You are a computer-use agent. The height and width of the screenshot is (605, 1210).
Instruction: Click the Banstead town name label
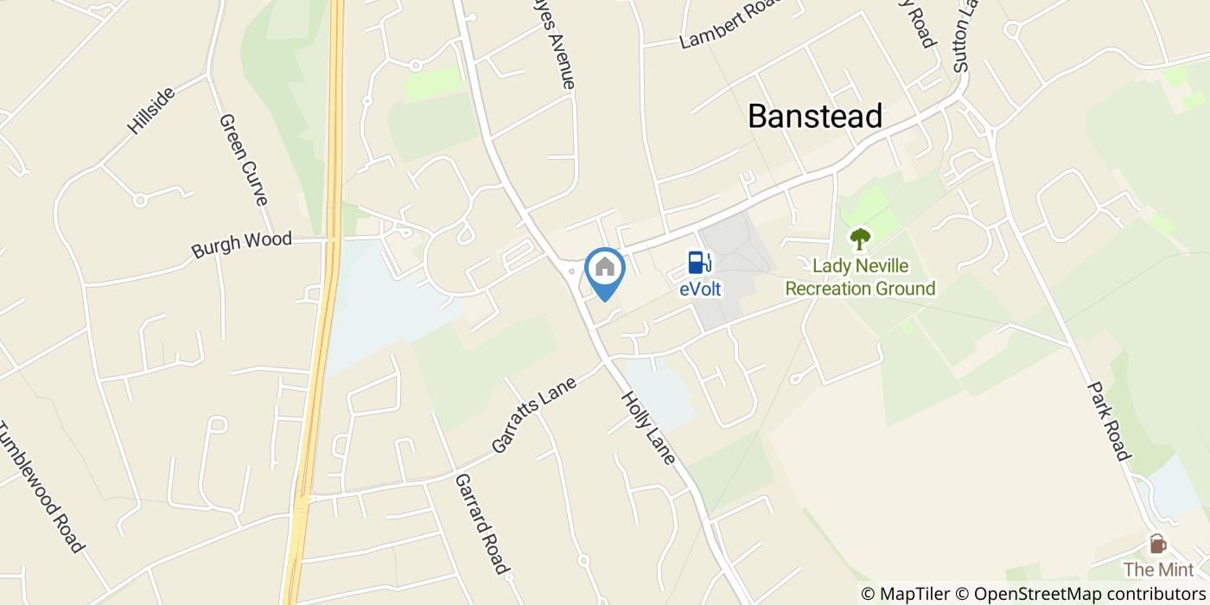click(815, 116)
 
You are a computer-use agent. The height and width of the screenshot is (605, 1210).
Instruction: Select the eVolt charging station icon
click(700, 263)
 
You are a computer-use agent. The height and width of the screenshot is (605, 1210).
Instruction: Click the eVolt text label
click(700, 290)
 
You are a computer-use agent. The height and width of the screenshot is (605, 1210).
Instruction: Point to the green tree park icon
click(860, 238)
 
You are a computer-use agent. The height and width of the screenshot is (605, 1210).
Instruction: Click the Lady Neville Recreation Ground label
click(860, 277)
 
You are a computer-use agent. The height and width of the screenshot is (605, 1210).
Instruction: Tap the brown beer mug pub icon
click(1157, 544)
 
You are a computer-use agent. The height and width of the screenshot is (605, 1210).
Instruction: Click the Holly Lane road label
click(647, 427)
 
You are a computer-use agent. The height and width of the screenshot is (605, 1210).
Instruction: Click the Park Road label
click(1109, 421)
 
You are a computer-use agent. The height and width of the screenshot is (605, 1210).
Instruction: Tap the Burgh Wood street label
click(241, 245)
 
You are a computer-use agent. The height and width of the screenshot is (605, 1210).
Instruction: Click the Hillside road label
click(150, 110)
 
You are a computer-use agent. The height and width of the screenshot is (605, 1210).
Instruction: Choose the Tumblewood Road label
click(41, 487)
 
